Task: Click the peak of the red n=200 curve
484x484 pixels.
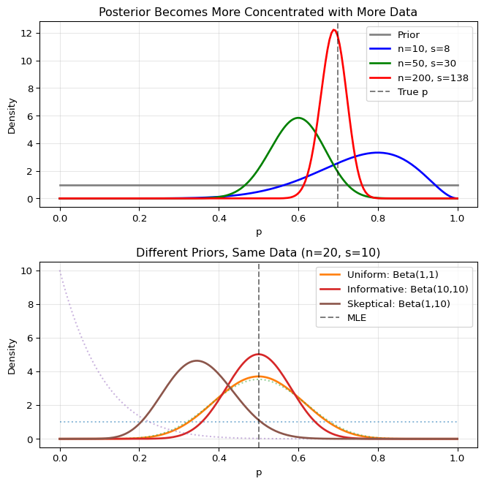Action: coord(334,30)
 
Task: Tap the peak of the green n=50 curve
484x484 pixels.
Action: coord(298,118)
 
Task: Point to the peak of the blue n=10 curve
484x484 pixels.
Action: coord(377,153)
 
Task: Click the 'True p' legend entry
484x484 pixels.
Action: coord(413,92)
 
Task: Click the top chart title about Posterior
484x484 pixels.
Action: coord(258,12)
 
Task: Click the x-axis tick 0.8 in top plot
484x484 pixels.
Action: coord(378,218)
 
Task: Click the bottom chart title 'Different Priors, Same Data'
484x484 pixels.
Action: coord(258,253)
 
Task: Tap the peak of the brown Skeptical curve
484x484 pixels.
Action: coord(197,360)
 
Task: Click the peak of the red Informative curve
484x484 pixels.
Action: coord(259,355)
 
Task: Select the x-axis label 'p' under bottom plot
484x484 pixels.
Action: coord(258,472)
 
